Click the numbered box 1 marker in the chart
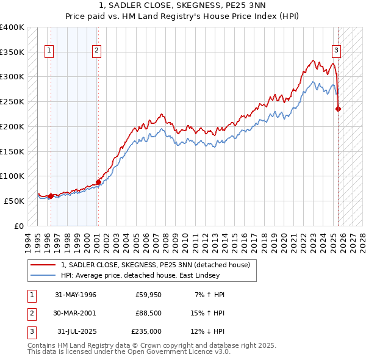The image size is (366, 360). (49, 51)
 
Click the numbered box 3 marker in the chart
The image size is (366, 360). (336, 51)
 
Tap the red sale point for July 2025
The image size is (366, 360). (339, 109)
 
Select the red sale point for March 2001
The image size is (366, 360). (98, 182)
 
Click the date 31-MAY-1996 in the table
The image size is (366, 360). (76, 295)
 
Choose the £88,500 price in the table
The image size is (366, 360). (149, 313)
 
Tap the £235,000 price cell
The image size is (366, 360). (147, 331)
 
